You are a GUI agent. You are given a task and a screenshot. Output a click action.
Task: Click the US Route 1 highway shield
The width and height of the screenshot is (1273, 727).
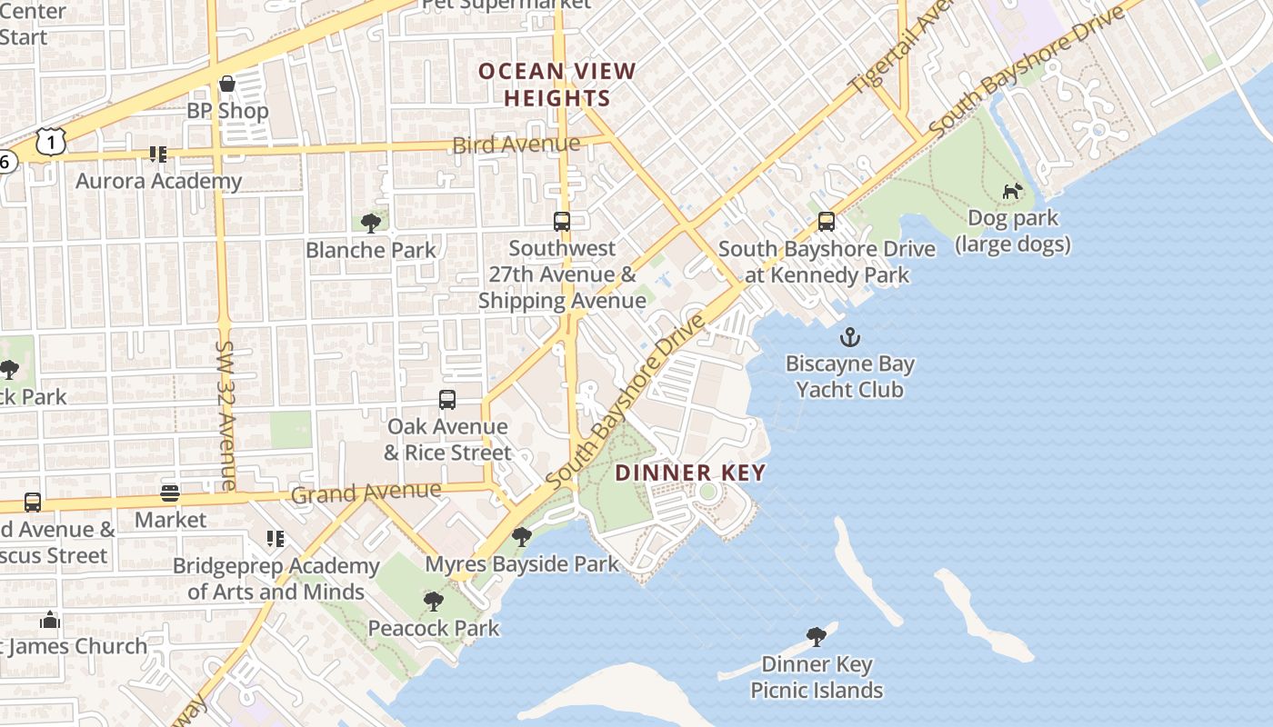pos(51,140)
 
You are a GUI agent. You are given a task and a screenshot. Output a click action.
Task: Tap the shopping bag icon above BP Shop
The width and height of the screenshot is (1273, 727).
pos(227,85)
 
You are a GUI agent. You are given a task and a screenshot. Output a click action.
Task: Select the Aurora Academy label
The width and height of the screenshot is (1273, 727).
pos(159,181)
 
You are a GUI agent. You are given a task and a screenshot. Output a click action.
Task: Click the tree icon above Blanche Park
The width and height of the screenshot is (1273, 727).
pos(370,223)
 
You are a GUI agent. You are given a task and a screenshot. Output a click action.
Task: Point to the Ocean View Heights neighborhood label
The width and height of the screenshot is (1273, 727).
pos(557,85)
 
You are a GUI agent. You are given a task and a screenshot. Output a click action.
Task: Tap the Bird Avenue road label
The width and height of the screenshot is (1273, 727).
pos(516,144)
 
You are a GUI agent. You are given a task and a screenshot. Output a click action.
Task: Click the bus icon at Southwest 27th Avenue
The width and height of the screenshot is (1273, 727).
pos(562,222)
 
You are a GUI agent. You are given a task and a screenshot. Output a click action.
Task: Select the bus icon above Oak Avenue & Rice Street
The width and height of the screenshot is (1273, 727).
pos(446,400)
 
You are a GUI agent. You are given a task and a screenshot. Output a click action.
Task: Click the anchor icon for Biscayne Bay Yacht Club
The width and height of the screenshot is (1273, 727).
pos(849,338)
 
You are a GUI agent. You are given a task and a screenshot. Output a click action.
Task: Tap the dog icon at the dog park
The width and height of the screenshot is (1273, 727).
pos(1012,192)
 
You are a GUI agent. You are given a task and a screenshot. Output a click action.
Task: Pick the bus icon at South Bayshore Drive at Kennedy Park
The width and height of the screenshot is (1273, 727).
pos(827,222)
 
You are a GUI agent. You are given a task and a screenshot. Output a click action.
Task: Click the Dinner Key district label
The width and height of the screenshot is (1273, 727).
pos(690,473)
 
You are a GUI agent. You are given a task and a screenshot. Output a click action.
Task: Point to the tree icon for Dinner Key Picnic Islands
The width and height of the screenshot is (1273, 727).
pos(816,637)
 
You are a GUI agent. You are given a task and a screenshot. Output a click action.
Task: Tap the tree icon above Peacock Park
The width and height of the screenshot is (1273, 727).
pos(434,602)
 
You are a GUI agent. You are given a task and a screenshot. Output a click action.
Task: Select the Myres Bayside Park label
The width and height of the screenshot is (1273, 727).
pos(522,563)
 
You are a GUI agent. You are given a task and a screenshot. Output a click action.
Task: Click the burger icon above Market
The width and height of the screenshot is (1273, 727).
pos(170,493)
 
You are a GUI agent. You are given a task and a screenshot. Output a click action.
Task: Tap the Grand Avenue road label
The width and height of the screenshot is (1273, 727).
pos(366,493)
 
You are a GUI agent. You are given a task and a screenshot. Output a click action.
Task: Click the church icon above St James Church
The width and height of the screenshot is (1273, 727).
pos(50,621)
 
